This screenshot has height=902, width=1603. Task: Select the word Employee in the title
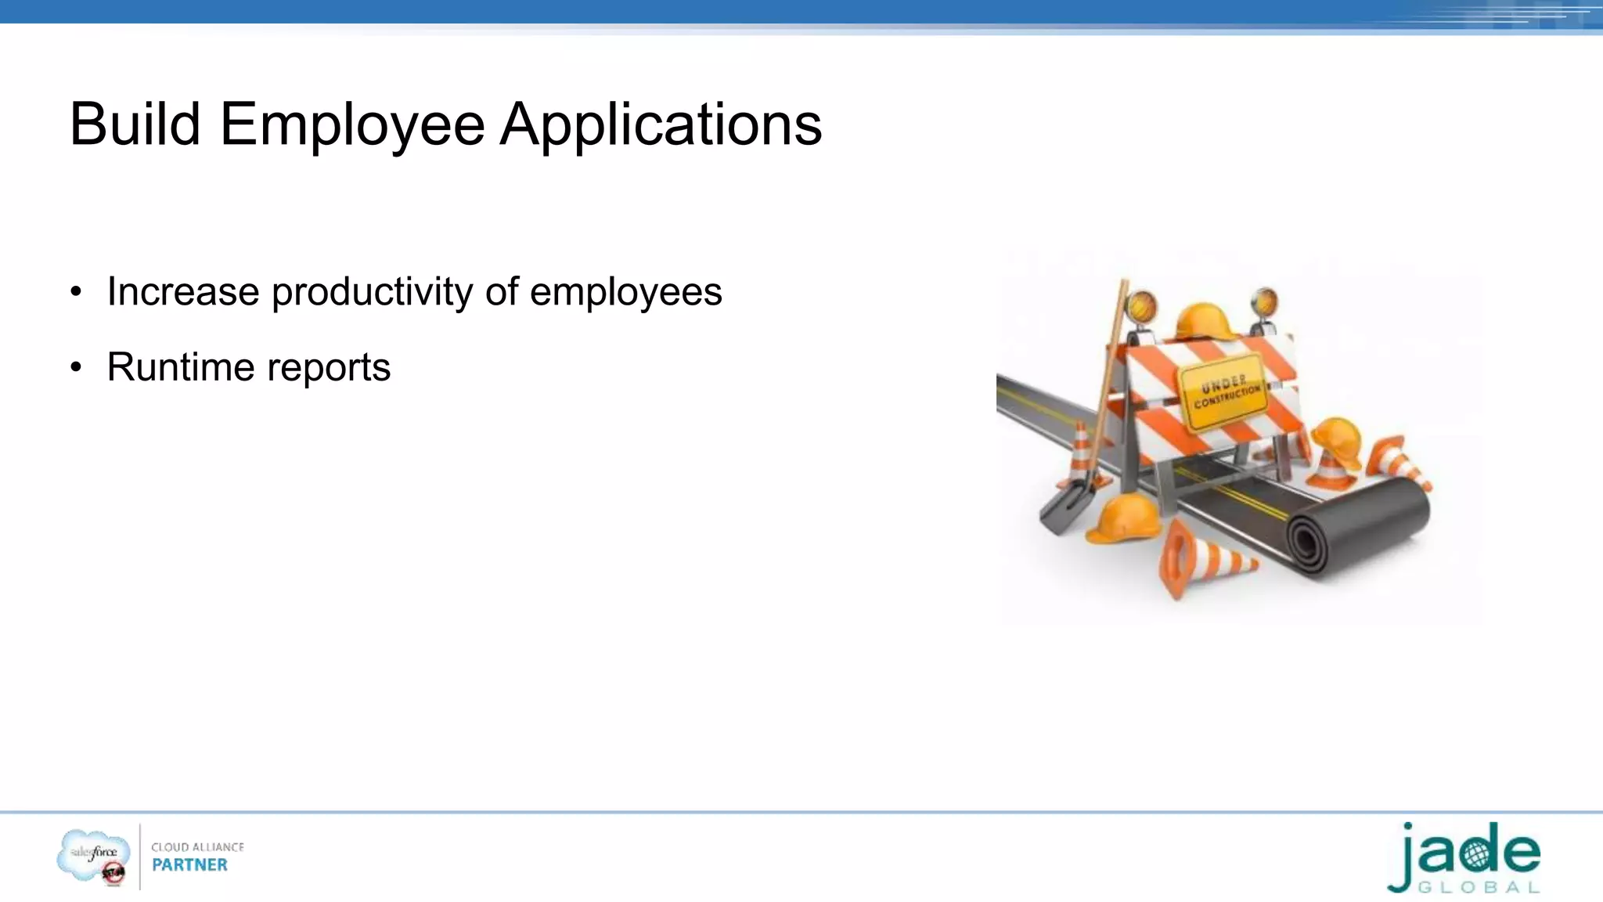(x=351, y=125)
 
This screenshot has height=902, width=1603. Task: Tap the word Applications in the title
(x=661, y=125)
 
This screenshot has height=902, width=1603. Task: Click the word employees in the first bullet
(x=625, y=293)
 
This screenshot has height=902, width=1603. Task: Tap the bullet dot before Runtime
(x=75, y=367)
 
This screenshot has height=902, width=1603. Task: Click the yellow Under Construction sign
(x=1223, y=392)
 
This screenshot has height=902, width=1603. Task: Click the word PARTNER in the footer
(x=189, y=865)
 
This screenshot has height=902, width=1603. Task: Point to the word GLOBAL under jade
(x=1479, y=888)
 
